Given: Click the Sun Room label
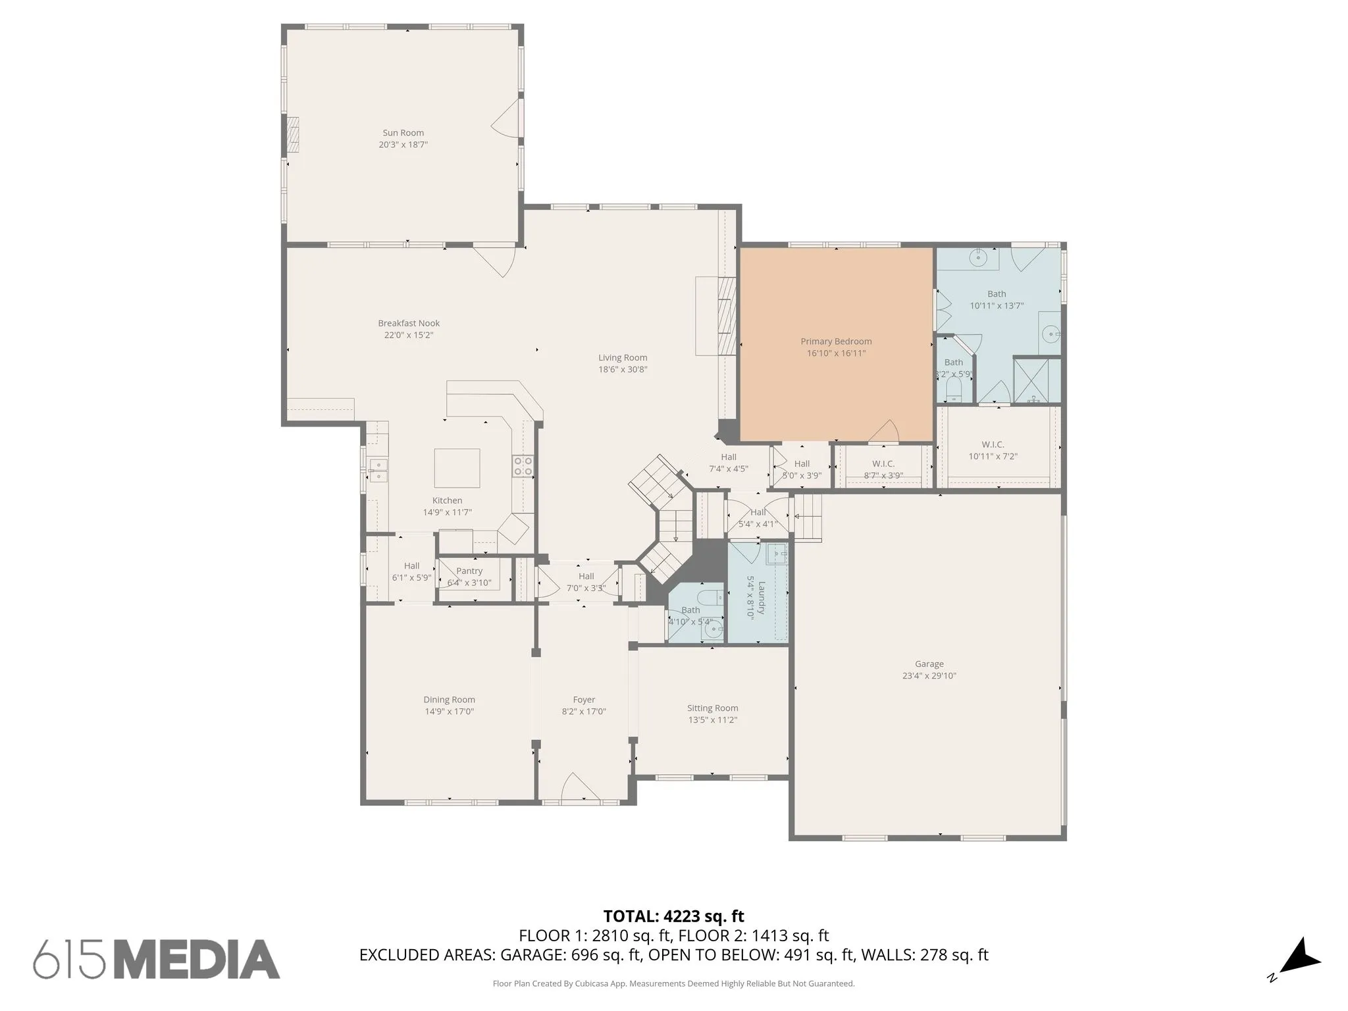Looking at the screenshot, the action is pyautogui.click(x=403, y=133).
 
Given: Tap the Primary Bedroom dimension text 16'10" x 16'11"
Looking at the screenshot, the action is pyautogui.click(x=836, y=353).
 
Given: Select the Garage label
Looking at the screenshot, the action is pyautogui.click(x=929, y=664).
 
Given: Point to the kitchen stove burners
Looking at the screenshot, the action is pyautogui.click(x=523, y=466).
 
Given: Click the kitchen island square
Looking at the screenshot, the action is pyautogui.click(x=457, y=468).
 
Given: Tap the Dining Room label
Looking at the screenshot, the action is pyautogui.click(x=449, y=700).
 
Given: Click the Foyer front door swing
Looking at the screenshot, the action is pyautogui.click(x=579, y=787).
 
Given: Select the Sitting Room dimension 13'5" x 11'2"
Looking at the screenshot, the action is pyautogui.click(x=712, y=720).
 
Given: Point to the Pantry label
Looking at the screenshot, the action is pyautogui.click(x=469, y=571).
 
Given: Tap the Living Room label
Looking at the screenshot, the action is pyautogui.click(x=623, y=358).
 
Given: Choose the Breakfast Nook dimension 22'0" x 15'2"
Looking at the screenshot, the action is pyautogui.click(x=409, y=335).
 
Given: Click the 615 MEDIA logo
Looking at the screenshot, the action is pyautogui.click(x=157, y=958).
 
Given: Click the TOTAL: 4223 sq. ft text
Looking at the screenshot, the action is pyautogui.click(x=673, y=916).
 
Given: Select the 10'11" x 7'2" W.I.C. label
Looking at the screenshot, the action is pyautogui.click(x=993, y=456).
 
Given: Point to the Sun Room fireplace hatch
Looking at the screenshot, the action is pyautogui.click(x=292, y=136).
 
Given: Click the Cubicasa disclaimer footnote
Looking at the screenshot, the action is pyautogui.click(x=673, y=984).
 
